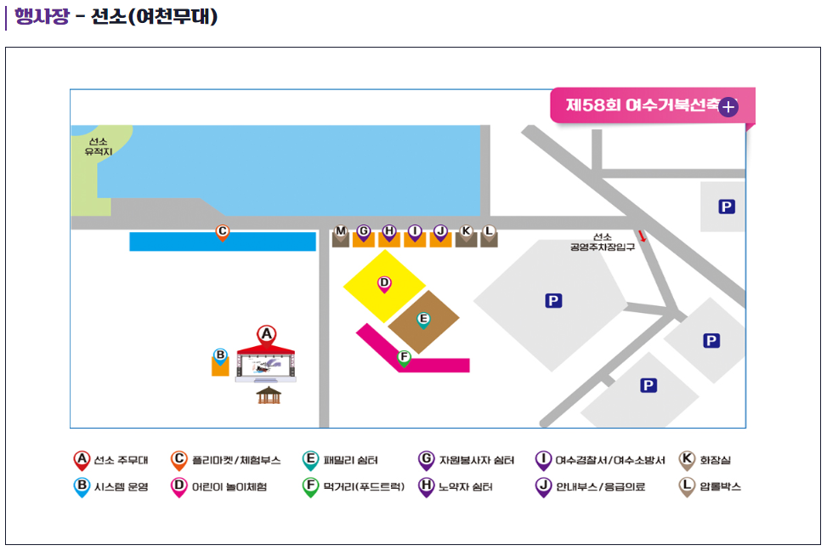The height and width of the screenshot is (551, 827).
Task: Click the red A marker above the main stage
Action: coord(267,334)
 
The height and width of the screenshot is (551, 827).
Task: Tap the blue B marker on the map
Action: coord(219,355)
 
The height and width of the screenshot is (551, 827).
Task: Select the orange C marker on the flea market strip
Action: coord(222,231)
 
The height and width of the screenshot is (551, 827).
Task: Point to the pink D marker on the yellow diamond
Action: coord(384,283)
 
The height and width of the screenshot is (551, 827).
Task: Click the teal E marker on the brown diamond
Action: coord(423,320)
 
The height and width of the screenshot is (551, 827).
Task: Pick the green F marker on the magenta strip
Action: coord(404,357)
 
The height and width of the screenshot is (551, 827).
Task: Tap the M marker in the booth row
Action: coord(341,231)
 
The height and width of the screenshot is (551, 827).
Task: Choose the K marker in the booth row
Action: coord(466,231)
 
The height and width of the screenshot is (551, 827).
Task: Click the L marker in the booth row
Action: coord(489,231)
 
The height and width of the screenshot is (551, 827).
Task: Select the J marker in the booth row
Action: coord(440,231)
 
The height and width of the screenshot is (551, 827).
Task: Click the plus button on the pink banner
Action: coord(728,107)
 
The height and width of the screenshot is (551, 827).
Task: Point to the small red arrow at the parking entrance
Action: coord(643,236)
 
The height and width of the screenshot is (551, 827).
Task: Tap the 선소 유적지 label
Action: coord(97,146)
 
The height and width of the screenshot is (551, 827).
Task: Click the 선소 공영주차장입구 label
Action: coord(603,242)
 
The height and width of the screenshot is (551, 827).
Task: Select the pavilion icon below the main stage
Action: coord(269,395)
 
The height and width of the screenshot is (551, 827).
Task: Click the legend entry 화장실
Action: coord(715,460)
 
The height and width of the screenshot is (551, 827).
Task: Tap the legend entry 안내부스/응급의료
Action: coord(599,487)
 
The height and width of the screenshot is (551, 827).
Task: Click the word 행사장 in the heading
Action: coord(41,16)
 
